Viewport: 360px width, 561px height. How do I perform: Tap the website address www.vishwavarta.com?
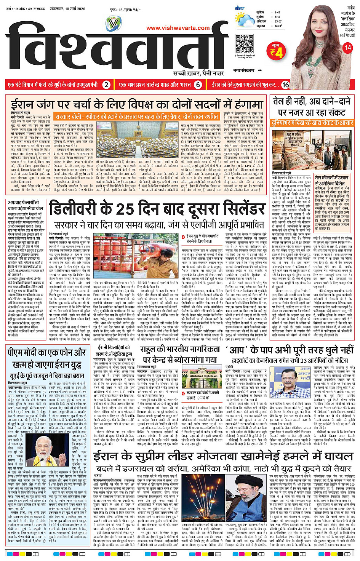(x=178, y=27)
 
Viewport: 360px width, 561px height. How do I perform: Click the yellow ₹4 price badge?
(x=277, y=52)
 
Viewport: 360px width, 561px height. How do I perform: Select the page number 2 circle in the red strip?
(x=107, y=85)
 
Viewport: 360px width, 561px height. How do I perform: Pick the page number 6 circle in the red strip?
(x=198, y=85)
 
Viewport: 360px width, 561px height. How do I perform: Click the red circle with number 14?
(x=347, y=48)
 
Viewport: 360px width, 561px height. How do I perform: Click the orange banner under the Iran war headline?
(x=136, y=117)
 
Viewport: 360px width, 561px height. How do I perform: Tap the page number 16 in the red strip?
(x=285, y=85)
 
